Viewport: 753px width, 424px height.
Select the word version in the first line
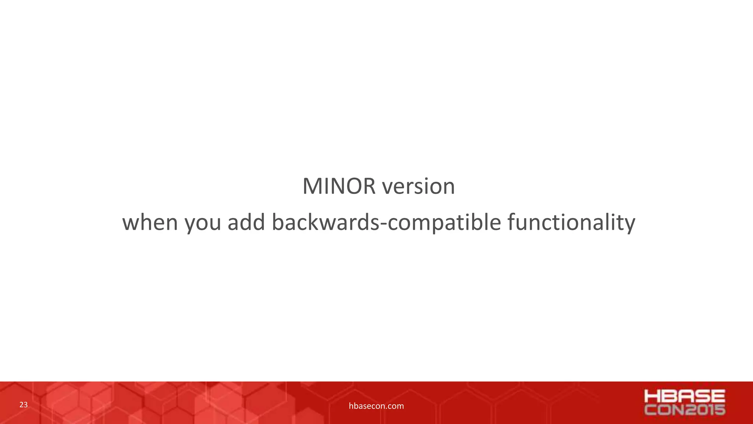418,186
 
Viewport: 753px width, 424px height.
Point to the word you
203,223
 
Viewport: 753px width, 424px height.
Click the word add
246,222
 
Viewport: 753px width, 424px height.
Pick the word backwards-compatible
386,222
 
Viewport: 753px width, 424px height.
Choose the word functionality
571,222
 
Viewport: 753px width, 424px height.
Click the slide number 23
23,405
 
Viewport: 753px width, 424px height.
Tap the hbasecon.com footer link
376,406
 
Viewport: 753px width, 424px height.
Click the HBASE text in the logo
685,396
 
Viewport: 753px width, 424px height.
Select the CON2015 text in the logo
685,410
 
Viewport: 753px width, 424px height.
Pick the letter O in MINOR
352,186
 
